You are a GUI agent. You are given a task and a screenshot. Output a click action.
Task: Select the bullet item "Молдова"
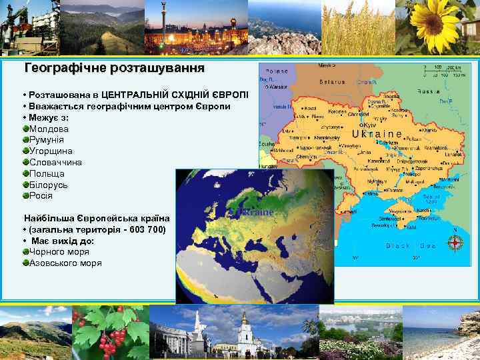point(49,129)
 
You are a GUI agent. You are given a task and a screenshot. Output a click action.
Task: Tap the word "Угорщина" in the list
point(51,151)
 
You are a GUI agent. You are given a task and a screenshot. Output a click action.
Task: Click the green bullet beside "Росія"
point(25,195)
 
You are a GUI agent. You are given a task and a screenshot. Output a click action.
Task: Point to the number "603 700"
point(147,229)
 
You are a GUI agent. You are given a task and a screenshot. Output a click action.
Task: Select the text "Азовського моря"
point(65,263)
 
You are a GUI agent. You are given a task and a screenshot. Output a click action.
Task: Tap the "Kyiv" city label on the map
point(370,125)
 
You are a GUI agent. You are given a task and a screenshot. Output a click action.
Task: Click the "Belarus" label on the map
point(330,82)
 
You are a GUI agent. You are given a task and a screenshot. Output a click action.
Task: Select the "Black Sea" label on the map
point(410,245)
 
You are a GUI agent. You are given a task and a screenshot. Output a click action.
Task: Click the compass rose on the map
point(457,243)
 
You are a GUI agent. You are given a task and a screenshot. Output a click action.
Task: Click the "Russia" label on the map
point(427,91)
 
